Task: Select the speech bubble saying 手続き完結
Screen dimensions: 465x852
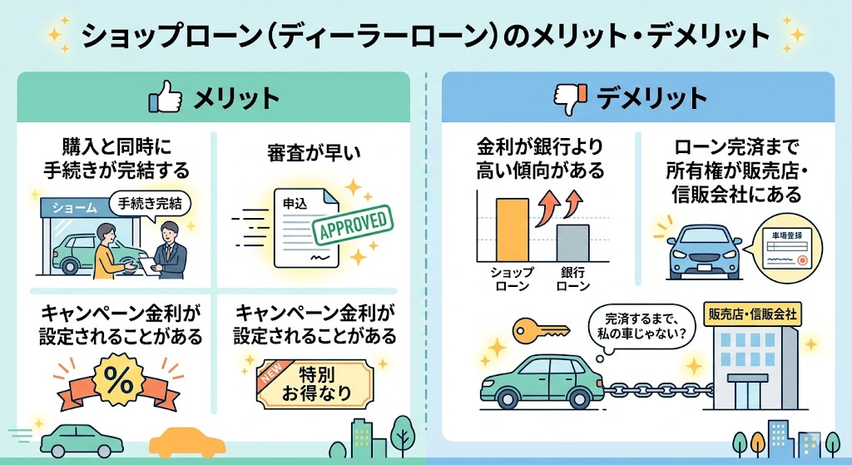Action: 150,202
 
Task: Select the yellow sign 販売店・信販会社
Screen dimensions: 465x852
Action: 752,315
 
